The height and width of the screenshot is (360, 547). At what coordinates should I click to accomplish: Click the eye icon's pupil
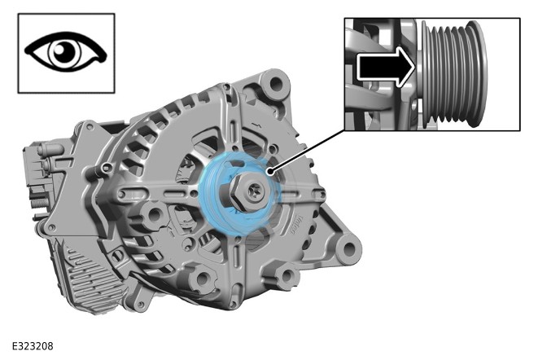point(65,52)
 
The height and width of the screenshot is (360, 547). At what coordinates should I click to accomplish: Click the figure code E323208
point(33,346)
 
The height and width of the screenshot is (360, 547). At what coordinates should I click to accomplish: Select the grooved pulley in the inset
point(453,73)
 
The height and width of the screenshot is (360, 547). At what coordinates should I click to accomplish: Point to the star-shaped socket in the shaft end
point(254,192)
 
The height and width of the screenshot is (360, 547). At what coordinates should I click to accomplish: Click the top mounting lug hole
point(276,84)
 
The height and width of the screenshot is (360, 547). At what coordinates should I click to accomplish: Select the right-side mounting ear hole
point(349,249)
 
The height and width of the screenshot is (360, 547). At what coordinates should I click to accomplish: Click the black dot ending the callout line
point(269,171)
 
